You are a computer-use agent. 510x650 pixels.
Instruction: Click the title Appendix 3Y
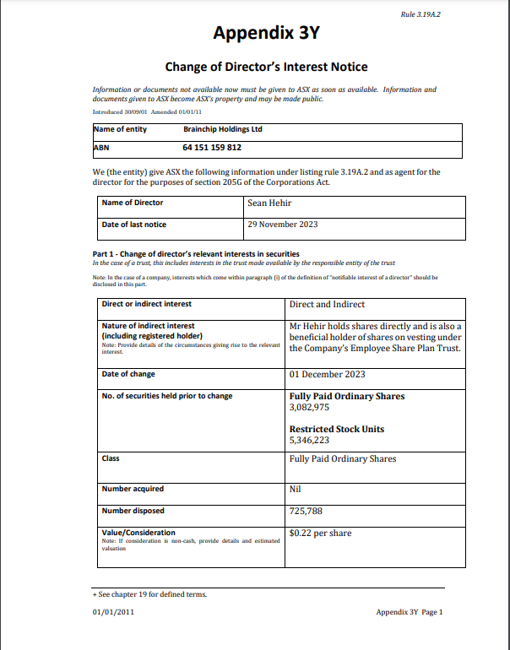[x=266, y=34]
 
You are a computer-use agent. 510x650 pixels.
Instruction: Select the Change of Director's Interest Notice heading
[x=266, y=67]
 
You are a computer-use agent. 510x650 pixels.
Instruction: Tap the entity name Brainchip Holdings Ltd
[x=223, y=129]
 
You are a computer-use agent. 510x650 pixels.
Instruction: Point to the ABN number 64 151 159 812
[x=212, y=148]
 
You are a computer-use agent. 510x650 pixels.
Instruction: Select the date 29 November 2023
[x=283, y=225]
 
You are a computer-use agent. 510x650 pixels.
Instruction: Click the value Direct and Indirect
[x=327, y=304]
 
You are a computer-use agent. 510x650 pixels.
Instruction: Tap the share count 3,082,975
[x=309, y=408]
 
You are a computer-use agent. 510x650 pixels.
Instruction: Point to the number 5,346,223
[x=309, y=440]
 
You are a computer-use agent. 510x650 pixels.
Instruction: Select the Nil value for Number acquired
[x=296, y=489]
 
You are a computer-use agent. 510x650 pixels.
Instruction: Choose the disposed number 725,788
[x=306, y=511]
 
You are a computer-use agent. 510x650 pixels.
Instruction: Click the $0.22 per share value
[x=320, y=533]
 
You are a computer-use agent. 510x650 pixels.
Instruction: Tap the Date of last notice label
[x=134, y=225]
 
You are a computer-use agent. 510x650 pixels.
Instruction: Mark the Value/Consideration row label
[x=138, y=533]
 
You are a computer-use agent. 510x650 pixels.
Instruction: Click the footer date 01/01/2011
[x=113, y=612]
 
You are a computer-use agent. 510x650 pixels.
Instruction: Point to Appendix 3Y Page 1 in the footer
[x=410, y=612]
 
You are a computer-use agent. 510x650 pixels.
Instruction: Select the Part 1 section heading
[x=195, y=254]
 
